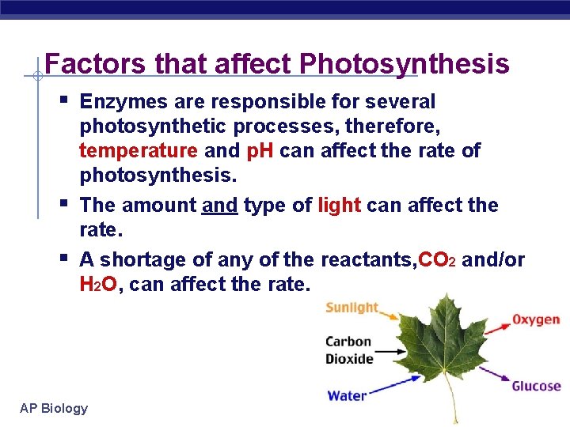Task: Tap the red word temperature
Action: point(139,150)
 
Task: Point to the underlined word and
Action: point(219,205)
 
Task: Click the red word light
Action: point(340,205)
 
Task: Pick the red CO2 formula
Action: point(436,259)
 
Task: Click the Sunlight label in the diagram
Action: point(352,308)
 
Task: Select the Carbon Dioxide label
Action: point(349,350)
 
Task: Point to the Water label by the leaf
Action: point(347,395)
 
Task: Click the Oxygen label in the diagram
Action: point(536,319)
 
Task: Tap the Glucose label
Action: point(536,387)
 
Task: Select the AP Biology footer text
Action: point(54,408)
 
